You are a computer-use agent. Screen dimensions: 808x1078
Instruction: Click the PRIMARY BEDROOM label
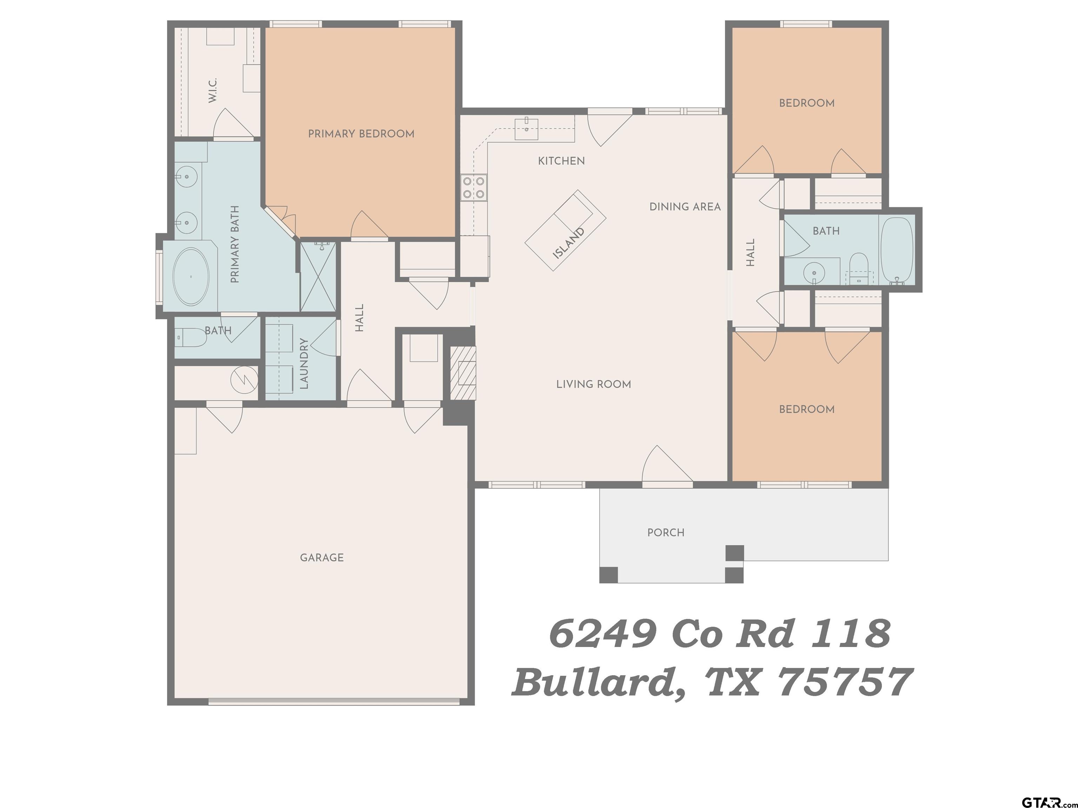tap(361, 134)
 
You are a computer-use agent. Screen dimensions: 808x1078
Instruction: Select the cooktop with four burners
tap(474, 188)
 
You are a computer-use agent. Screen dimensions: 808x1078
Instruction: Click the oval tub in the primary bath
tap(191, 277)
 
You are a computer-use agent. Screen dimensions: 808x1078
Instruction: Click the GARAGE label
tap(322, 558)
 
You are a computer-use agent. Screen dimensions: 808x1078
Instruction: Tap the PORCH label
tap(666, 533)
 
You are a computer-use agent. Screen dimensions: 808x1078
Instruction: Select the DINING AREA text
tap(685, 207)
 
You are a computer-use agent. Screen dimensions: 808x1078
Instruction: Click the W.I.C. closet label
tap(213, 90)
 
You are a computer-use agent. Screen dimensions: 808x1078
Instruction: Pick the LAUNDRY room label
tap(304, 363)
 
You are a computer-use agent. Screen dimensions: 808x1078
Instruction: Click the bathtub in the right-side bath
tap(897, 250)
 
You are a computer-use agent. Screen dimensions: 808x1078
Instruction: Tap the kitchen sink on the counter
tap(526, 128)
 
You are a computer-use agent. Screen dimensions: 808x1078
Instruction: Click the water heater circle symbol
tap(244, 378)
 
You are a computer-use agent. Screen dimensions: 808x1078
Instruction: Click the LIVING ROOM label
tap(594, 384)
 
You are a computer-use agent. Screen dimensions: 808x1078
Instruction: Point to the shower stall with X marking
tap(318, 277)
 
